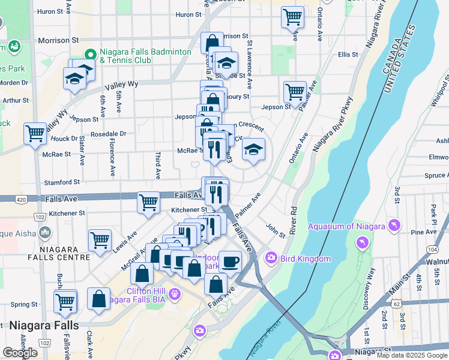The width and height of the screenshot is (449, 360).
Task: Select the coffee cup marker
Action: [x=229, y=261]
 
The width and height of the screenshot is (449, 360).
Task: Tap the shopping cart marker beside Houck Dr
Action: [x=35, y=133]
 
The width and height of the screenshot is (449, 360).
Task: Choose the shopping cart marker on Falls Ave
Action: [x=148, y=202]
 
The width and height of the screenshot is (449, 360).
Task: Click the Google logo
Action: [x=20, y=353]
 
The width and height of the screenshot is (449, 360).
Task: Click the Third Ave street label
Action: [x=158, y=165]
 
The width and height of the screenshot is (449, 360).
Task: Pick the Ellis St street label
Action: [x=348, y=55]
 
